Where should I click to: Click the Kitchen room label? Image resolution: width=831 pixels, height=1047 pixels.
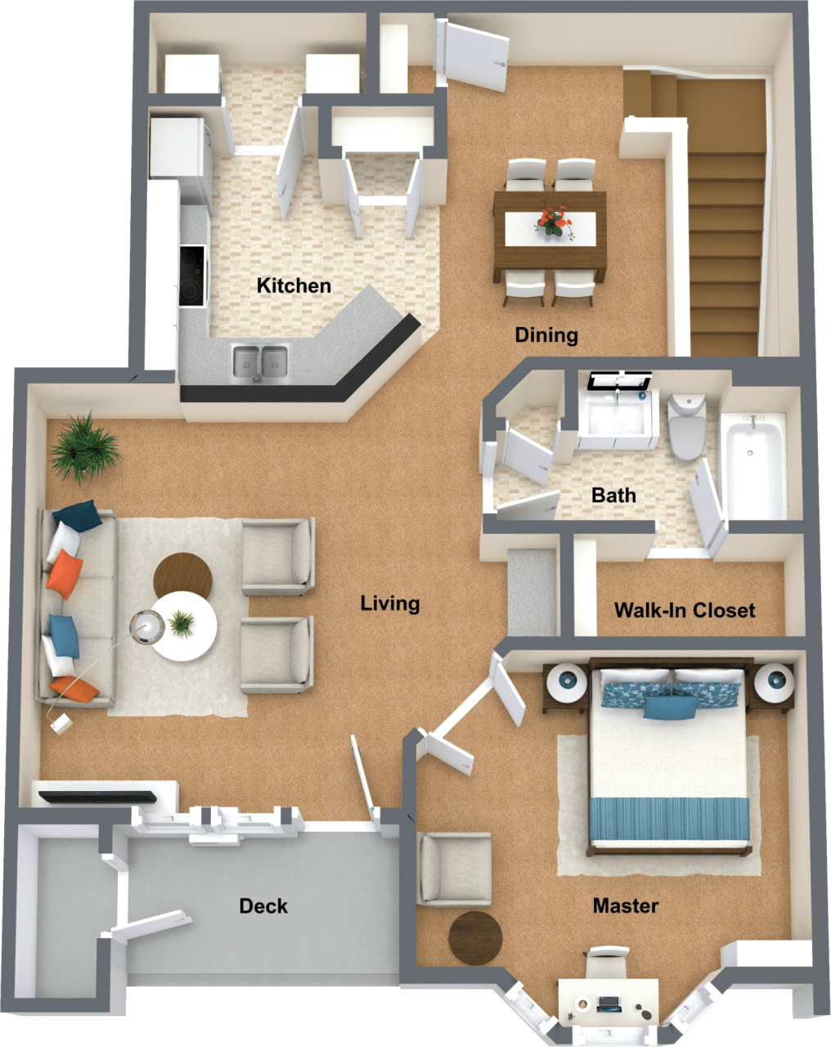click(x=294, y=285)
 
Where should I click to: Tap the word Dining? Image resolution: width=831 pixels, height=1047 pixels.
click(x=546, y=335)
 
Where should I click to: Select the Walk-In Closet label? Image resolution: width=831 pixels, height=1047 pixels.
click(x=685, y=610)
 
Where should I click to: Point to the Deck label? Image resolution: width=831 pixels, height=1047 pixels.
click(x=263, y=905)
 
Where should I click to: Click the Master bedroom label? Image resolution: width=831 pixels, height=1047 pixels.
click(x=626, y=905)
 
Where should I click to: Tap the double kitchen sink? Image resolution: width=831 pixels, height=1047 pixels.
click(x=261, y=361)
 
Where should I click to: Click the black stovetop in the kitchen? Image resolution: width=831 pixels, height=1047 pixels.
click(x=193, y=276)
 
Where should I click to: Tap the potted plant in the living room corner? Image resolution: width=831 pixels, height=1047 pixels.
click(x=84, y=445)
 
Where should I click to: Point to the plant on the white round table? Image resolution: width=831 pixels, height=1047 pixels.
click(x=182, y=624)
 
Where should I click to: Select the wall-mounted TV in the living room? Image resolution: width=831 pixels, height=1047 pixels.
click(x=97, y=795)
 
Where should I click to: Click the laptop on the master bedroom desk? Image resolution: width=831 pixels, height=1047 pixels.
click(x=609, y=1002)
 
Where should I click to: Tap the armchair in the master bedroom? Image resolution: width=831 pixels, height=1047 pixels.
click(x=454, y=869)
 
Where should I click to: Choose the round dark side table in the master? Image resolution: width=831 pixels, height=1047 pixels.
click(x=475, y=937)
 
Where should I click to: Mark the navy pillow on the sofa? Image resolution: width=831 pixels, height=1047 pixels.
click(x=78, y=515)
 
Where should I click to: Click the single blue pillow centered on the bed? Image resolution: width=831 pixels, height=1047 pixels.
click(x=669, y=706)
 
